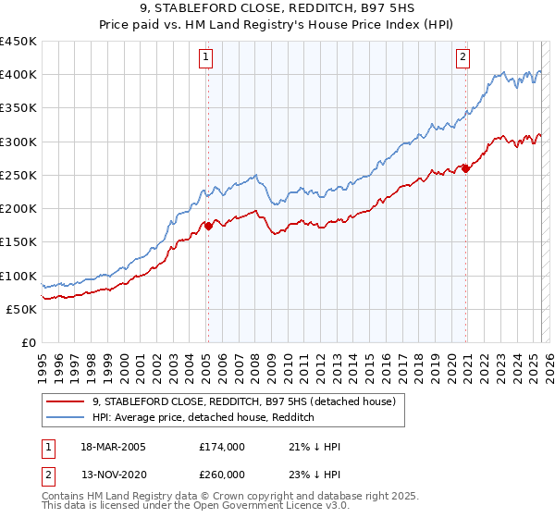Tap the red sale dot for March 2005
(x=208, y=226)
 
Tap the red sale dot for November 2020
(x=465, y=168)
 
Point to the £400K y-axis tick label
(x=18, y=75)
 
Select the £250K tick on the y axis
(x=18, y=175)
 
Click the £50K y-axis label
(x=22, y=309)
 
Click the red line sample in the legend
(x=65, y=401)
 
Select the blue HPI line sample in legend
(x=65, y=417)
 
